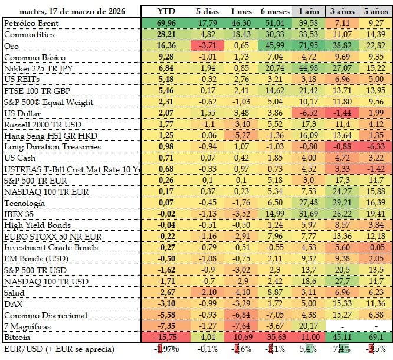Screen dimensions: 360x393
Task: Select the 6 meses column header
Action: pos(274,11)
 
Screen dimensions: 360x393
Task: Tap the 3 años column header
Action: pos(342,11)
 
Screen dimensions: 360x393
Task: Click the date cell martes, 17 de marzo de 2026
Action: pos(71,11)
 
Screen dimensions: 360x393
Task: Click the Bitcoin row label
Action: pos(18,338)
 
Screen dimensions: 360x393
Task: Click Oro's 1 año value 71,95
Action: pos(308,45)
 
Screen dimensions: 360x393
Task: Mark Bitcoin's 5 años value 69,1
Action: pos(375,338)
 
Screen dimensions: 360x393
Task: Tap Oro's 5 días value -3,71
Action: pos(207,45)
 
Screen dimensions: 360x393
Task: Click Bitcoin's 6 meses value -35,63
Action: pos(274,338)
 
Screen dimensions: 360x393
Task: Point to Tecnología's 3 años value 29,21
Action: pos(342,202)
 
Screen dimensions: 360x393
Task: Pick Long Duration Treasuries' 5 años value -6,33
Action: pos(375,146)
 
